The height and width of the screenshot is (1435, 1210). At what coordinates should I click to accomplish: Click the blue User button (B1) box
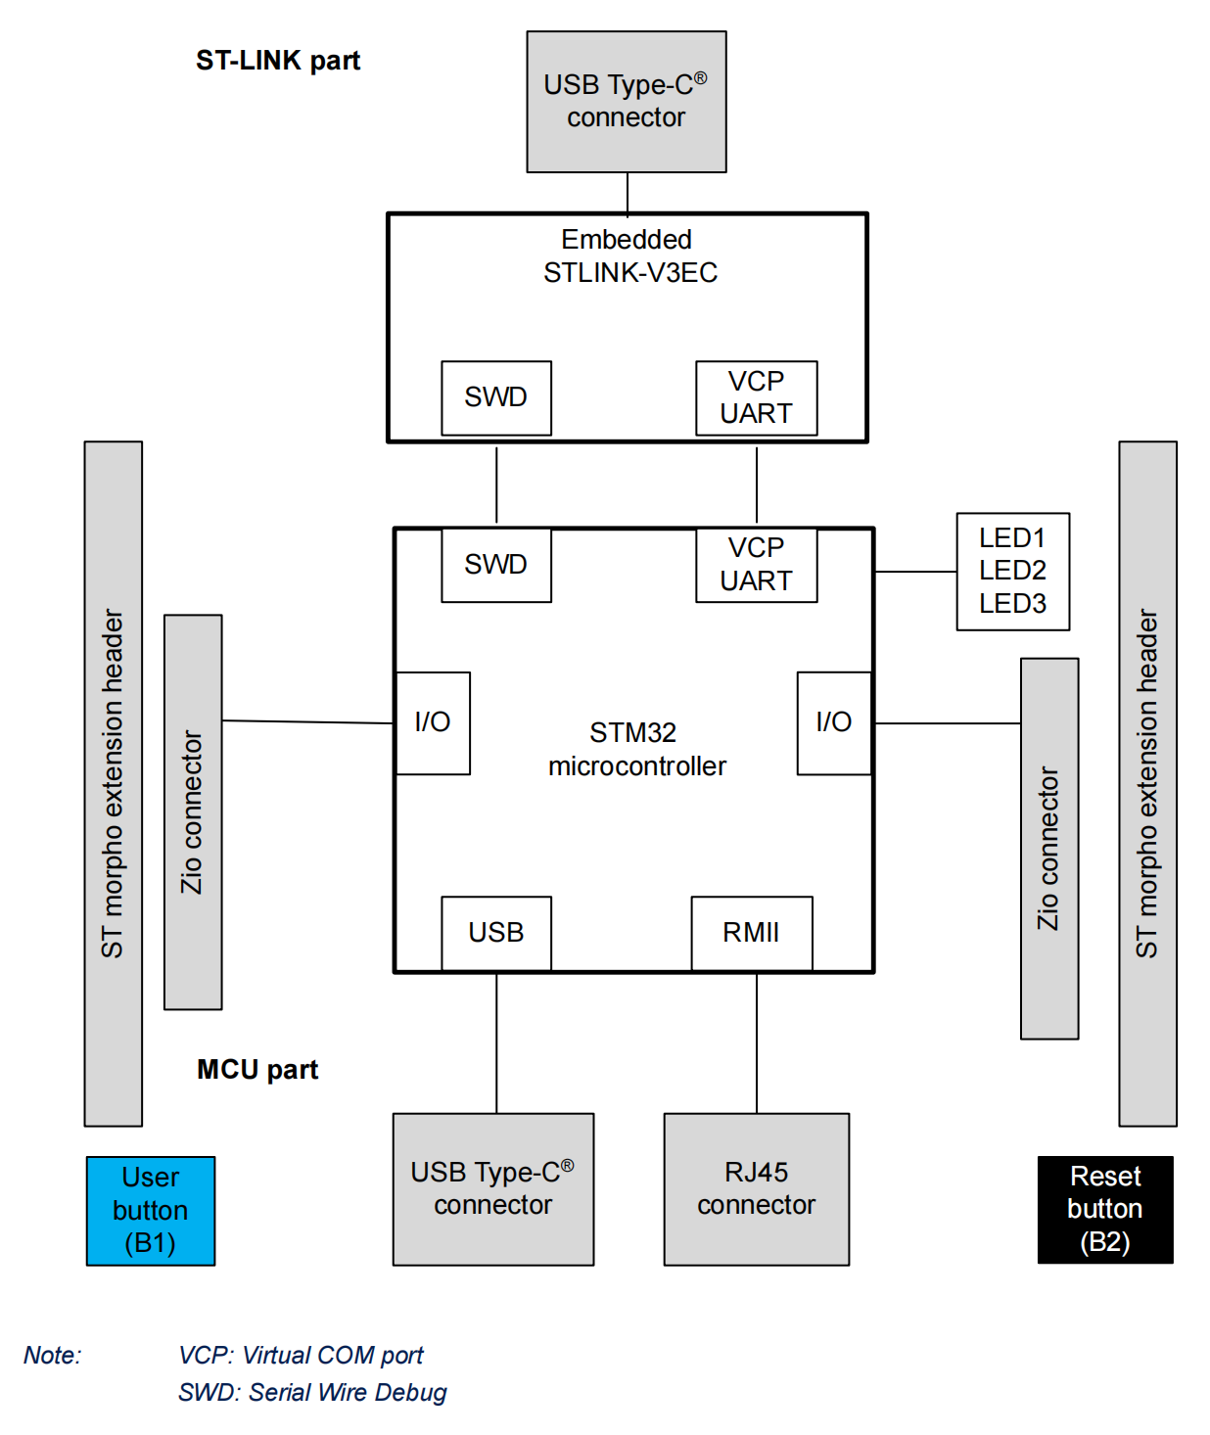tap(150, 1211)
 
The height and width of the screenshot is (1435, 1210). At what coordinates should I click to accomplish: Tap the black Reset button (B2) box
tap(1105, 1210)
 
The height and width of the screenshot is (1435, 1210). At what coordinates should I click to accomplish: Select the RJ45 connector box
tap(756, 1189)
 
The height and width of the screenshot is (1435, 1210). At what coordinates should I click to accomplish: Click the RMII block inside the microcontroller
tap(751, 933)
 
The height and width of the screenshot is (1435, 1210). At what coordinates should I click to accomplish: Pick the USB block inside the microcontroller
tap(496, 933)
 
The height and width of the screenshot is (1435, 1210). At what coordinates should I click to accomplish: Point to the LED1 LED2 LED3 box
tap(1012, 572)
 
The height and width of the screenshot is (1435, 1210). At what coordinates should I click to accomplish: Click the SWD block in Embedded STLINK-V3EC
tap(496, 397)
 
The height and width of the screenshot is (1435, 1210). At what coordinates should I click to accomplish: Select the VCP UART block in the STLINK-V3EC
tap(756, 397)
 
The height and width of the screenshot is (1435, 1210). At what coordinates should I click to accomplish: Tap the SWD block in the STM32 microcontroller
tap(496, 565)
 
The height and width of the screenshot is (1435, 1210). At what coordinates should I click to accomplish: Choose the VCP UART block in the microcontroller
tap(756, 565)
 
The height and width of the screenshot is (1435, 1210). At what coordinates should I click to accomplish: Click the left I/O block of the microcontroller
tap(433, 723)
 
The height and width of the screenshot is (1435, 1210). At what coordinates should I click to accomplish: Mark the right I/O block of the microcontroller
tap(834, 723)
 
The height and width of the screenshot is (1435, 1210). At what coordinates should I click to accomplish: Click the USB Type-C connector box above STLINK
tap(627, 102)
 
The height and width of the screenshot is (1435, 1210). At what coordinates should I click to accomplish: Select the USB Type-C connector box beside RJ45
tap(493, 1189)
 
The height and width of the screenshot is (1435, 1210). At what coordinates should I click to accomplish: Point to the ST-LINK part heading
tap(278, 61)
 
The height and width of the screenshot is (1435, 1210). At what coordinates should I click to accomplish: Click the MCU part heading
tap(257, 1070)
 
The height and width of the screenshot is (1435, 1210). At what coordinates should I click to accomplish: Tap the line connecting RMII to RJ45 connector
tap(757, 1043)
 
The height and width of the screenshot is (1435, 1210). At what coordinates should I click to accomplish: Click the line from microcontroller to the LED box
tap(915, 572)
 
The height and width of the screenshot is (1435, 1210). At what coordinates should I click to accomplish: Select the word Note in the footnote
tap(53, 1356)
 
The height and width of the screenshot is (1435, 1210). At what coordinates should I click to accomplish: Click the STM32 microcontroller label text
tap(636, 750)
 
